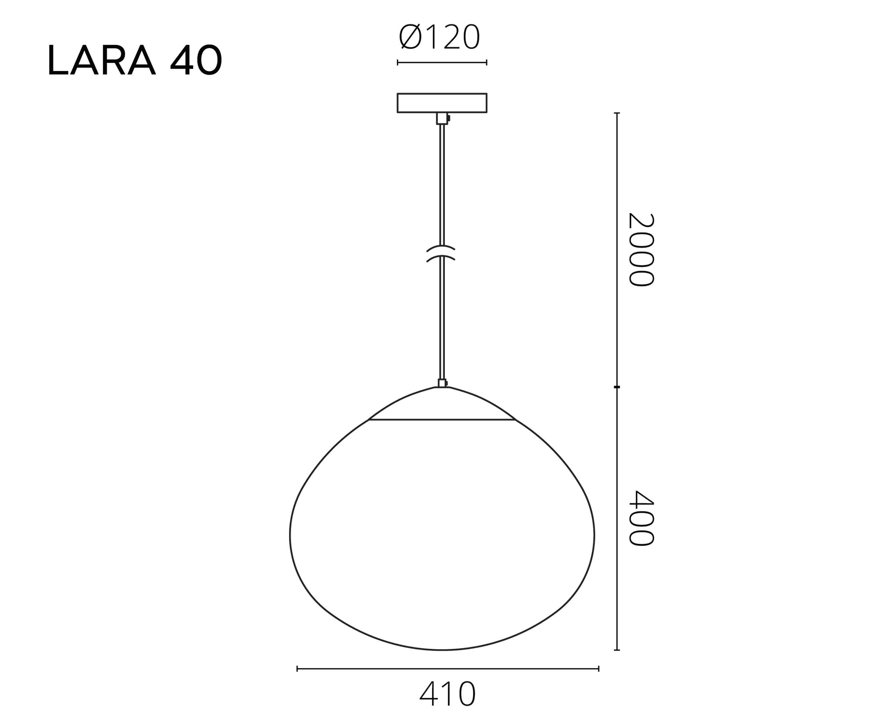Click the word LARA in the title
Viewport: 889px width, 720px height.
pos(102,60)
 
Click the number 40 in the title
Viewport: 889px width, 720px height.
pos(196,60)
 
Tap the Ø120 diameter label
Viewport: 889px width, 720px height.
pos(439,37)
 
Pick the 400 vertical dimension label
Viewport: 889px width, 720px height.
pos(641,518)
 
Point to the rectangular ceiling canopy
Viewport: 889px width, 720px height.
pos(442,103)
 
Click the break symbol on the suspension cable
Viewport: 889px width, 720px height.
pos(441,253)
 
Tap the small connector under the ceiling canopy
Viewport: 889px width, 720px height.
pos(443,118)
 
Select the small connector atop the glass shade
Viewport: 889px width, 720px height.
pos(443,383)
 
